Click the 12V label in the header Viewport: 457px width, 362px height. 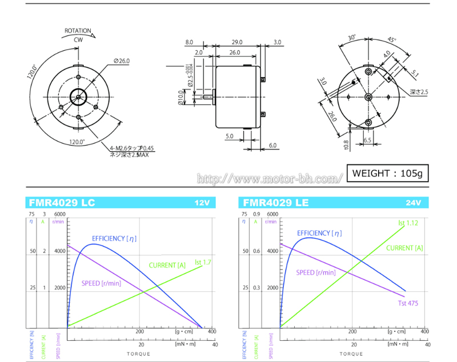point(202,203)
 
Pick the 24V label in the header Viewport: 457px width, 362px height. point(413,203)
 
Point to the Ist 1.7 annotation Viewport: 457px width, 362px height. point(203,263)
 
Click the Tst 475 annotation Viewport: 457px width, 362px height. point(408,303)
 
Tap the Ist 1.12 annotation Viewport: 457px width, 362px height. point(408,223)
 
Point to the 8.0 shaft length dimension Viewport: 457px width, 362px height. point(190,42)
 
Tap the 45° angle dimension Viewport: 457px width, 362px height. point(391,40)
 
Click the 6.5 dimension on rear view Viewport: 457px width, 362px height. point(367,140)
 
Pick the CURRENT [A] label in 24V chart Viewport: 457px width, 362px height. point(404,248)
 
